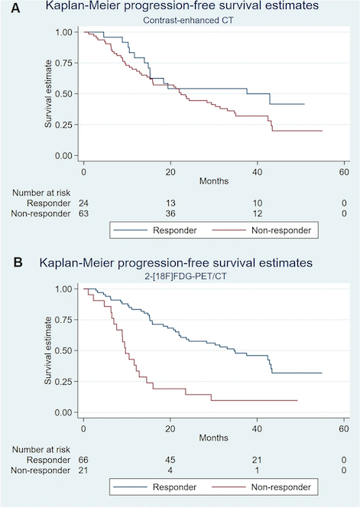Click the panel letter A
15,8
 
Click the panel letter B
18,262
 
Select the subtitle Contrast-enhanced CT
188,20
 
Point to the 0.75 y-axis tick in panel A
63,63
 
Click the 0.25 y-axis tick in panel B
63,381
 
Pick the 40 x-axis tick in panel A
258,171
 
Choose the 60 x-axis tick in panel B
344,428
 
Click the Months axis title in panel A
214,181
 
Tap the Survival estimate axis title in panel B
48,350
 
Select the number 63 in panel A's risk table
83,213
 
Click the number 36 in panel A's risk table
170,213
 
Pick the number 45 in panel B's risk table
170,460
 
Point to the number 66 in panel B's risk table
83,460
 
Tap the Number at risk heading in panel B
41,449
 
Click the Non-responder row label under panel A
41,213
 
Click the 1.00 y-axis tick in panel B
63,288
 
